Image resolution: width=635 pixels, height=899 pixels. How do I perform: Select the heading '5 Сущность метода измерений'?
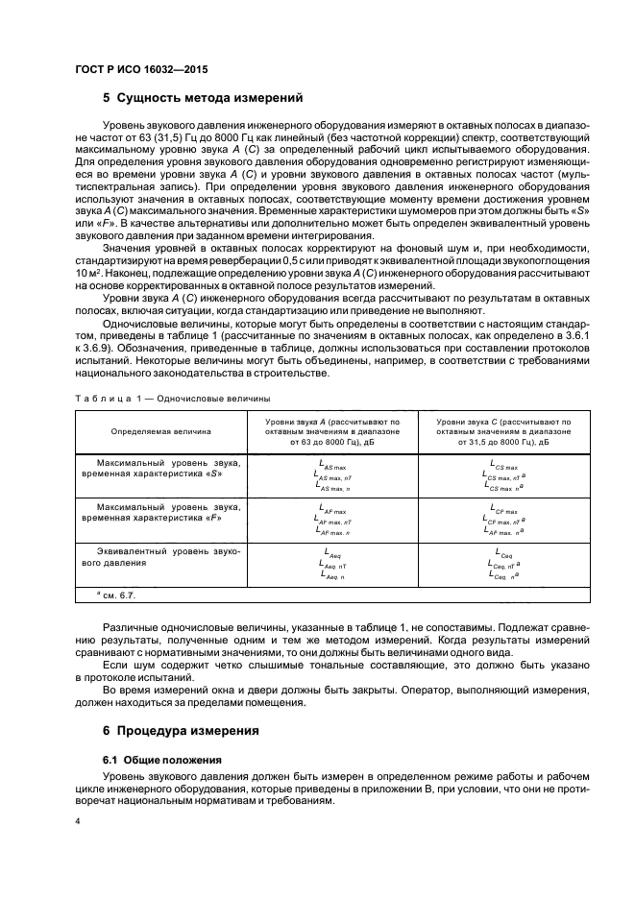(203, 97)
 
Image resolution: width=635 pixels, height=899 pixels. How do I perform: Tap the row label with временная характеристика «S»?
(160, 470)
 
